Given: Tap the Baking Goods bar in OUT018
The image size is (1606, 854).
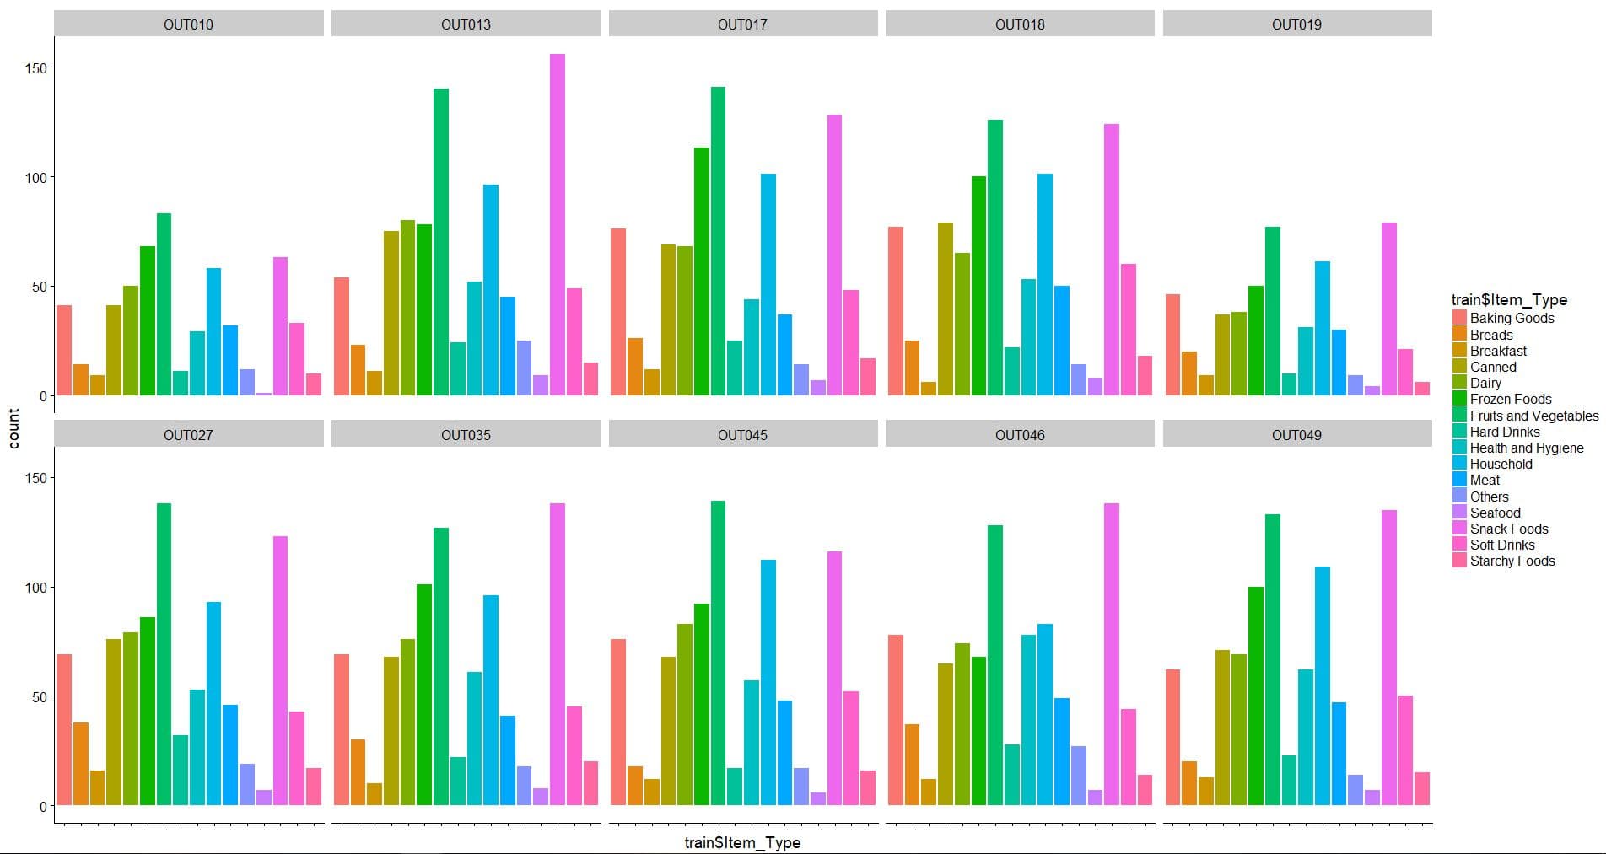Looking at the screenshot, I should [895, 311].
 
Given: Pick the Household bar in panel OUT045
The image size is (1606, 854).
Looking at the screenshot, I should [768, 682].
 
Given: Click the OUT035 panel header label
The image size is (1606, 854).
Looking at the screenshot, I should [466, 435].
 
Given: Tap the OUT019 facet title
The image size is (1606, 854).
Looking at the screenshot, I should [1296, 24].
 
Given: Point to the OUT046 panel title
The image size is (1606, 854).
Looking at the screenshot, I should [1019, 435].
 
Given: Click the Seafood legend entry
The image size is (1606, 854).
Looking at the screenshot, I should [1495, 513].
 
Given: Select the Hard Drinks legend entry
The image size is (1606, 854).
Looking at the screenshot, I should [1504, 432].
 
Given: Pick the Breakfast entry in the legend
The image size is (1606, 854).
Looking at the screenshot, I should [1498, 351].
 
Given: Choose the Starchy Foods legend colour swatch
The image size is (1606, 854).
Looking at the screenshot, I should [1459, 561].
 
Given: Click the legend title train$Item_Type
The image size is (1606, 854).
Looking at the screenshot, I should [1508, 300].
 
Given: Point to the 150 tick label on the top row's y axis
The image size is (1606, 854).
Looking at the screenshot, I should [36, 67].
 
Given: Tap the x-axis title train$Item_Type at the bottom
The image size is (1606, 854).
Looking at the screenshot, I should [742, 842].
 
